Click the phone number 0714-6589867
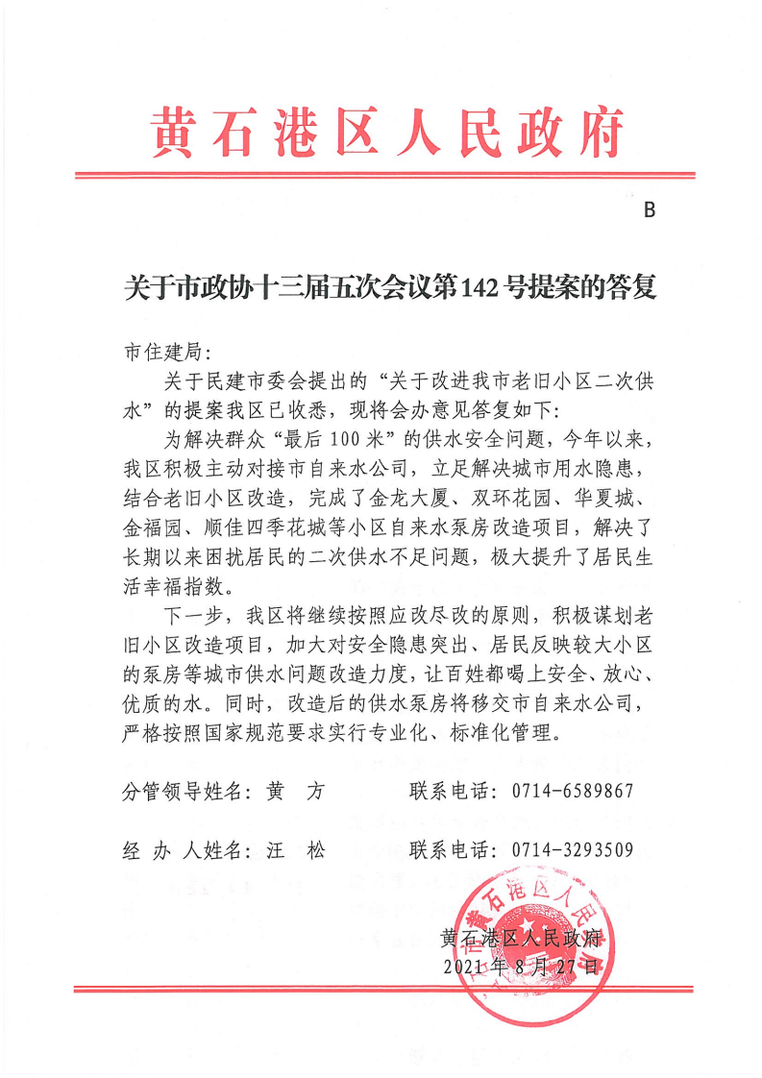568,792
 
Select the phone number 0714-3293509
568,849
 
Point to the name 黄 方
296,792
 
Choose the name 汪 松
296,849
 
